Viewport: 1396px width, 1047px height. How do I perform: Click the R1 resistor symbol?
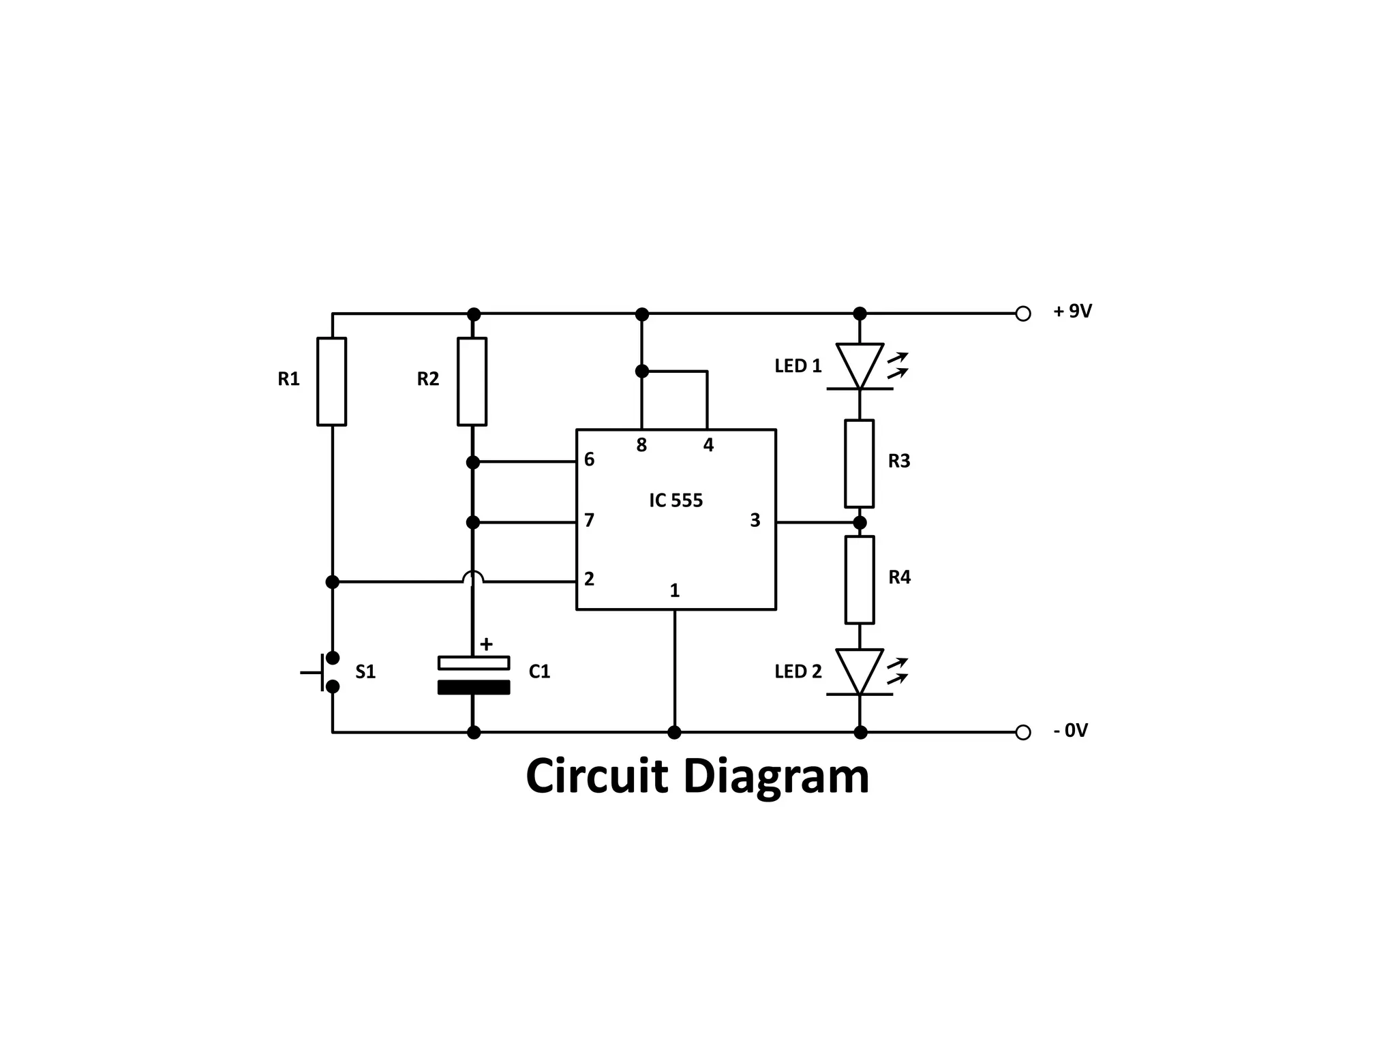click(x=332, y=382)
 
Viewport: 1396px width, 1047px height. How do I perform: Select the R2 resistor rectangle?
click(x=472, y=382)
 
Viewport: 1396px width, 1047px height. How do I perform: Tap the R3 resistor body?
click(x=860, y=464)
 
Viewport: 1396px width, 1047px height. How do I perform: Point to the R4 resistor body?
click(x=860, y=580)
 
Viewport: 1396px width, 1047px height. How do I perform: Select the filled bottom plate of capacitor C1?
click(x=474, y=687)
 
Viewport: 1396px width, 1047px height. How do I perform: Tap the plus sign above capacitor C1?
click(x=486, y=644)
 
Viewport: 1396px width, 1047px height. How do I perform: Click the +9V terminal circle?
click(x=1022, y=314)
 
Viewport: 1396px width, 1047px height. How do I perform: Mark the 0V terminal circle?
click(x=1022, y=732)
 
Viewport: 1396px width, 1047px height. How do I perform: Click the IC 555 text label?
click(x=676, y=500)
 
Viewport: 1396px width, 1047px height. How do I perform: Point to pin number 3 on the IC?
click(x=755, y=521)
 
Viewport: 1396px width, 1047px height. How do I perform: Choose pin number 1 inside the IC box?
click(x=675, y=590)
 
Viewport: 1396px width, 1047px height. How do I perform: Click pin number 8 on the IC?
click(x=641, y=446)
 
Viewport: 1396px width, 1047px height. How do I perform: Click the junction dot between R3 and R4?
click(x=860, y=523)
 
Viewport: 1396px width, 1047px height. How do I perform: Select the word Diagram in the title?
click(x=776, y=777)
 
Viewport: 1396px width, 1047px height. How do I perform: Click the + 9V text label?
click(x=1072, y=312)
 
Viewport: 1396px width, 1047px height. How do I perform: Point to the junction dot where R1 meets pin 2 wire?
click(x=332, y=581)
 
